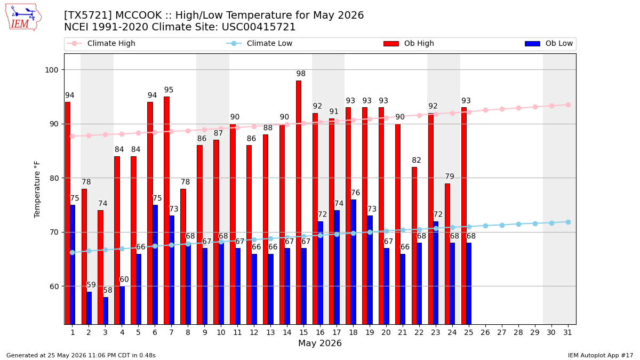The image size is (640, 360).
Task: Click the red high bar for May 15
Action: [x=299, y=202]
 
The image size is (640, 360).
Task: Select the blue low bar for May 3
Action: [x=106, y=310]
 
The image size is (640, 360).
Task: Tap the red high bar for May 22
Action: [x=414, y=246]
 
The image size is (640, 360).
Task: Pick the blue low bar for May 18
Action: [x=354, y=262]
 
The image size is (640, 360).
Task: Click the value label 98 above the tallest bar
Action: [x=301, y=74]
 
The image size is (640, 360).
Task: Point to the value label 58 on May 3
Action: [x=108, y=290]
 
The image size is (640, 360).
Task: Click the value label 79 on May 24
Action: [x=450, y=177]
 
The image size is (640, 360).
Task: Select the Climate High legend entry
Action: [x=101, y=43]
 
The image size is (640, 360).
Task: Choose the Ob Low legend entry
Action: [x=549, y=43]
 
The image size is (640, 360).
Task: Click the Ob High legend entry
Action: [x=409, y=43]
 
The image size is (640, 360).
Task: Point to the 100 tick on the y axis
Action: [x=52, y=70]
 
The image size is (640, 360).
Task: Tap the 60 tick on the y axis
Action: [x=54, y=286]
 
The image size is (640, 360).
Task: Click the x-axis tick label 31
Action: [x=567, y=333]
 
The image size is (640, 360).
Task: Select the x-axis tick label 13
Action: [x=270, y=333]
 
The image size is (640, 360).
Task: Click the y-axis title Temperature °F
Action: [x=37, y=189]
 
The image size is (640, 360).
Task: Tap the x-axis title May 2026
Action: [x=319, y=343]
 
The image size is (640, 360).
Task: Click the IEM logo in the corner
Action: [x=23, y=18]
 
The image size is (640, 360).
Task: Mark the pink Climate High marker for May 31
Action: [x=568, y=105]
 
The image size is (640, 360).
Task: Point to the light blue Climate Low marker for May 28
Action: [x=518, y=225]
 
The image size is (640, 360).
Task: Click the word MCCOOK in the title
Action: [x=138, y=15]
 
